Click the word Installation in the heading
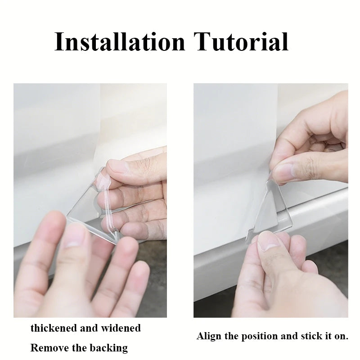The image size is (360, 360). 120,41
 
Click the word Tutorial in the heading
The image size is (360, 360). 241,41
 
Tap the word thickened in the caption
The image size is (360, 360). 54,328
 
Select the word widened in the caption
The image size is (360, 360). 121,328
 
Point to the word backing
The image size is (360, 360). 108,348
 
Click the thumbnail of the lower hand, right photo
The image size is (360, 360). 267,243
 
